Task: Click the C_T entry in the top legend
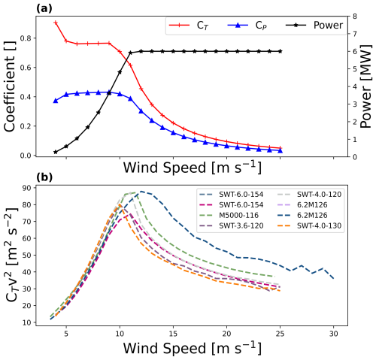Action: click(x=189, y=26)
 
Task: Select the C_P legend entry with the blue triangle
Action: click(x=247, y=26)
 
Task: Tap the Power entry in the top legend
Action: click(x=314, y=25)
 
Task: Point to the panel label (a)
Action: click(x=44, y=9)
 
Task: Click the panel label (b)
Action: click(x=44, y=177)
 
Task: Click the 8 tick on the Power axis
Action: click(x=355, y=17)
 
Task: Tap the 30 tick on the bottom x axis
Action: click(x=333, y=334)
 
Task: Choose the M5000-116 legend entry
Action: click(x=229, y=215)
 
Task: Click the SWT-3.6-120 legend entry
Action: click(x=232, y=225)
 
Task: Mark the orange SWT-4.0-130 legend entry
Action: click(x=309, y=225)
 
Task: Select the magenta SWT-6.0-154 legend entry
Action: click(x=232, y=204)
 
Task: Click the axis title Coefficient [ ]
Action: click(x=10, y=86)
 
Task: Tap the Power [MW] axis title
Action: click(x=365, y=86)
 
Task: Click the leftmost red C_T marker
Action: click(x=56, y=23)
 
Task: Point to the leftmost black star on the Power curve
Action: click(x=56, y=152)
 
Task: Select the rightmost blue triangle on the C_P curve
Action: click(x=280, y=150)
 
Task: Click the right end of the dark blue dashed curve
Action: click(x=334, y=279)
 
